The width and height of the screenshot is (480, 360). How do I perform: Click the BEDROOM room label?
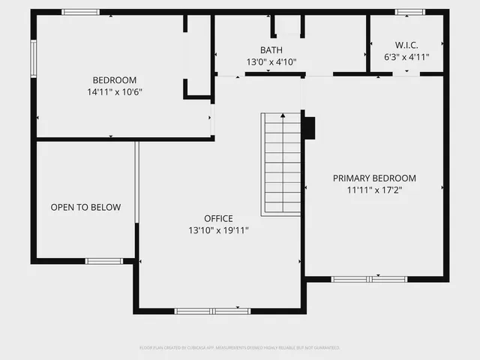tap(114, 80)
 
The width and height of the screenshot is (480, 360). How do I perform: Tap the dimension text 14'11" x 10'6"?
tap(114, 91)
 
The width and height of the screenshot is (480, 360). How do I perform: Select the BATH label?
tap(271, 50)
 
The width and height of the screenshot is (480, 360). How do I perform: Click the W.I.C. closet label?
tap(407, 44)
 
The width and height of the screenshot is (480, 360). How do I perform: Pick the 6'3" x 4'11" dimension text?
tap(407, 56)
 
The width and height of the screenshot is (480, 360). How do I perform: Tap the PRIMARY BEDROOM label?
tap(374, 178)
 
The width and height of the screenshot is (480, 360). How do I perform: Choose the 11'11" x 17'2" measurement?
tap(374, 190)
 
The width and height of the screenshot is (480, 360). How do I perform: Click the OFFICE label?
tap(218, 219)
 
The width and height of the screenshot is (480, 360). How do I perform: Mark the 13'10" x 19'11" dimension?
tap(218, 231)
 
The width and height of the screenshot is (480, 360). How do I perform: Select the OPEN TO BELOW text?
tap(85, 207)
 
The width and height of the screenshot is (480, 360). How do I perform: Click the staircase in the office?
tap(281, 165)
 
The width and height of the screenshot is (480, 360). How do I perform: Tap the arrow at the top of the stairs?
tap(282, 117)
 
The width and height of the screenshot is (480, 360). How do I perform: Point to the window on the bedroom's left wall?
tap(33, 58)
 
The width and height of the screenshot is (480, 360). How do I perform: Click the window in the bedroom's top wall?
tap(80, 12)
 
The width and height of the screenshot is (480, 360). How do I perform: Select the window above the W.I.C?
tap(410, 12)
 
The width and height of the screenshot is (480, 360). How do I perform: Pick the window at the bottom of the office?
tap(212, 310)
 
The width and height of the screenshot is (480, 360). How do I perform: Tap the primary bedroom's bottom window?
tap(369, 279)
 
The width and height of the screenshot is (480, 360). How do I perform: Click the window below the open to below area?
tap(103, 261)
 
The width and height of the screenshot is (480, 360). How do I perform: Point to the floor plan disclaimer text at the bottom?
tap(240, 348)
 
